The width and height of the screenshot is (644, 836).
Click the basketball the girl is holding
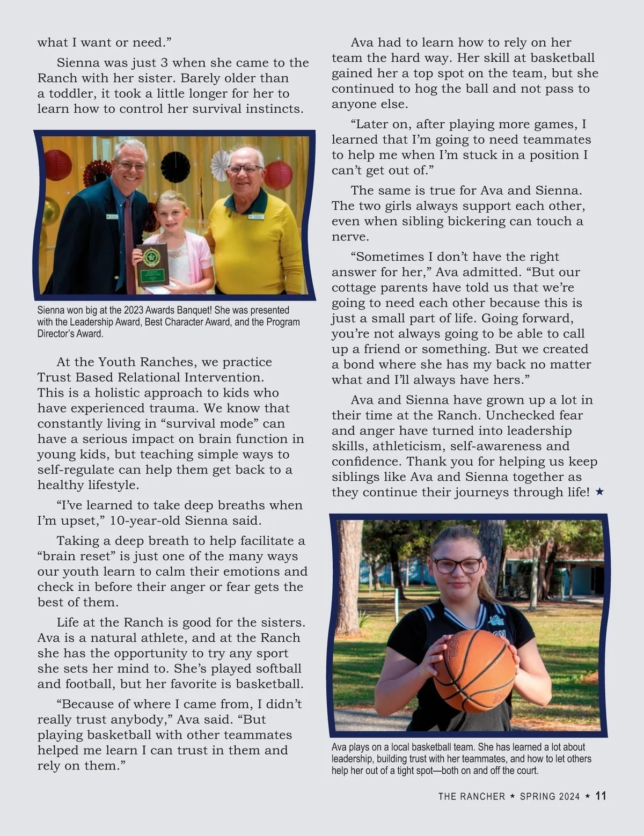coord(473,670)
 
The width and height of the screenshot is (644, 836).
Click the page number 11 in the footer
coord(601,796)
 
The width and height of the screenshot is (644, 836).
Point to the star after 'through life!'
coord(599,492)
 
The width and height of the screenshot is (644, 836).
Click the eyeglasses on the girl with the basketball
coord(457,565)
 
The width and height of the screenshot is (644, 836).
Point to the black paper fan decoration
coord(175,166)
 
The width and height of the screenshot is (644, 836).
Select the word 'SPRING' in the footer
coord(538,796)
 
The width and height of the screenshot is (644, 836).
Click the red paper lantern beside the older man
coord(279,174)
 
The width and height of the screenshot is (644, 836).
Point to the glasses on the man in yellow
coord(244,168)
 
